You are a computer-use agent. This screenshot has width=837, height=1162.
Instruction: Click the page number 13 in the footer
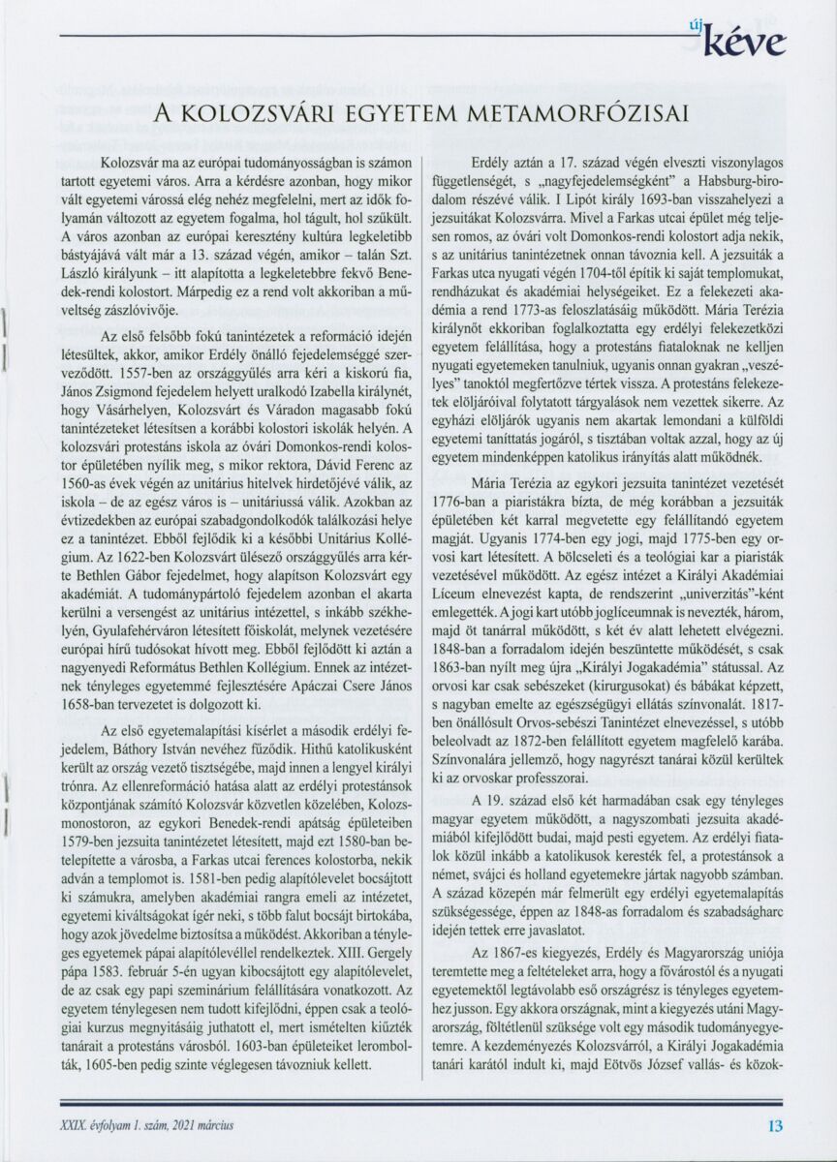point(775,1126)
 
